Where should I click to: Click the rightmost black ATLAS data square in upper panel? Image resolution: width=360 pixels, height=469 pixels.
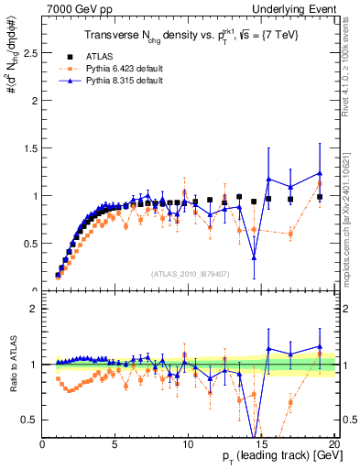click(x=320, y=197)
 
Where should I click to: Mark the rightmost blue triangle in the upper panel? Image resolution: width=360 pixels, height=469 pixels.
click(x=320, y=173)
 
